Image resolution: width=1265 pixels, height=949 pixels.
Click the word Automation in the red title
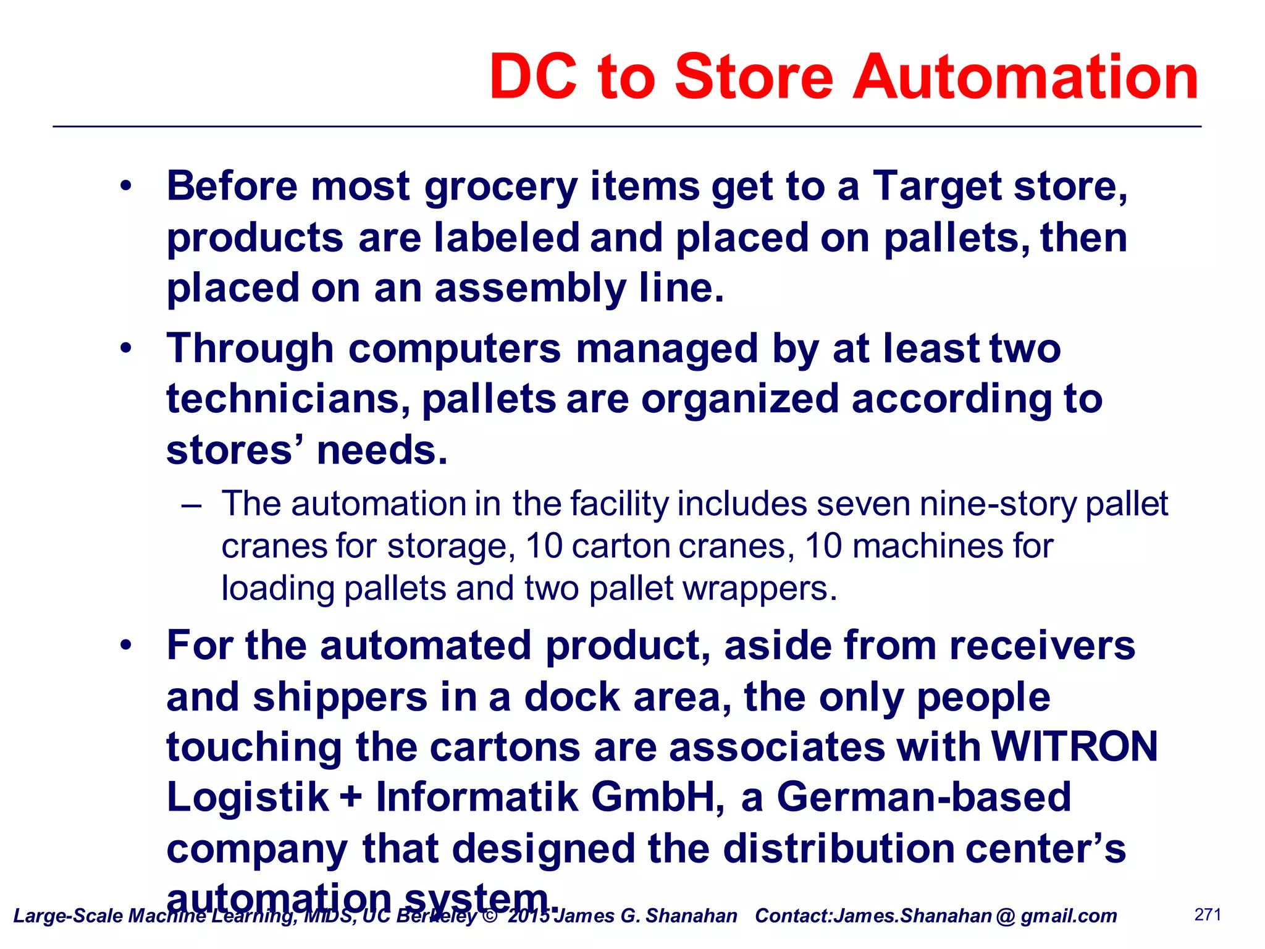(1025, 77)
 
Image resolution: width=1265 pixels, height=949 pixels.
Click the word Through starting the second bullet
(250, 349)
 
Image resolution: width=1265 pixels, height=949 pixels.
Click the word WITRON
(1074, 746)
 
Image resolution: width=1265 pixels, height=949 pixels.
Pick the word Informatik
(477, 797)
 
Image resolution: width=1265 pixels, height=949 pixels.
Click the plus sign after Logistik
(351, 797)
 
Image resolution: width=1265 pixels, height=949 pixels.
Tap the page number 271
(1208, 914)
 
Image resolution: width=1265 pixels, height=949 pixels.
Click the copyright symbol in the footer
(490, 915)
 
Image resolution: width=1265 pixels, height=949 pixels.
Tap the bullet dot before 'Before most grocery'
(126, 186)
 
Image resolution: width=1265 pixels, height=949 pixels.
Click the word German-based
(923, 797)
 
